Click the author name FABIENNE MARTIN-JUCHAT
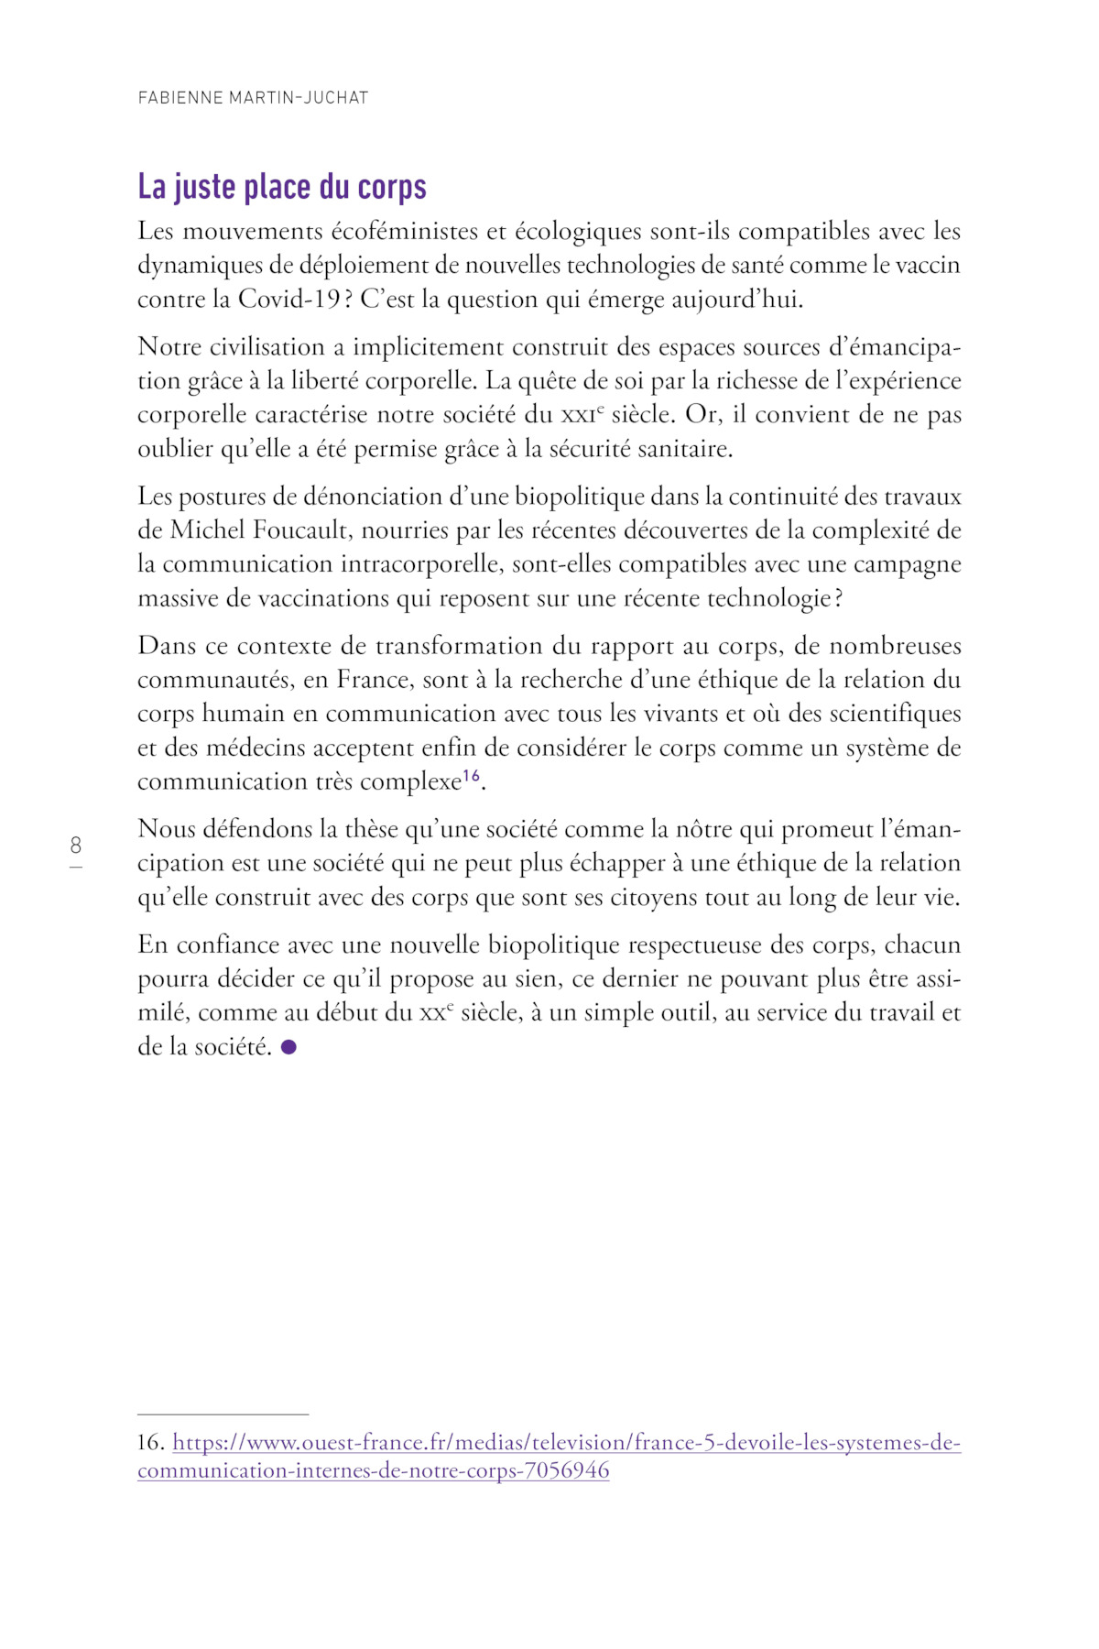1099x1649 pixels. coord(253,98)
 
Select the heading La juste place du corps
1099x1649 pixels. coord(282,187)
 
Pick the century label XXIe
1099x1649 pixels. coord(582,415)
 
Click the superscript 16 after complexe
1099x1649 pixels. coord(471,777)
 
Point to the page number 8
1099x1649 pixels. coord(76,846)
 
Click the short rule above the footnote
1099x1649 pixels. coord(223,1414)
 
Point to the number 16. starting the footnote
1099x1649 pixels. coord(150,1443)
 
